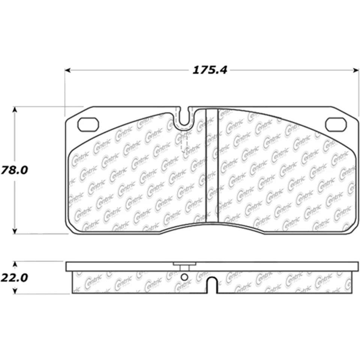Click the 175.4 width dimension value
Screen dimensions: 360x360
coord(210,70)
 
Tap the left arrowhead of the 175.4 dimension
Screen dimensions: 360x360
coord(68,70)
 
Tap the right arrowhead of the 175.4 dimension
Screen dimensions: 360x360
coord(356,70)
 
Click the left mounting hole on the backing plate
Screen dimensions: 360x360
coord(88,124)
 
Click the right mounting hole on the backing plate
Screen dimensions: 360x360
coord(335,124)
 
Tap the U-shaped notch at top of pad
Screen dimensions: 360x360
coord(183,117)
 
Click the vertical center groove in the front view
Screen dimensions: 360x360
coord(212,165)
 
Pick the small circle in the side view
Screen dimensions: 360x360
coord(184,277)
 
